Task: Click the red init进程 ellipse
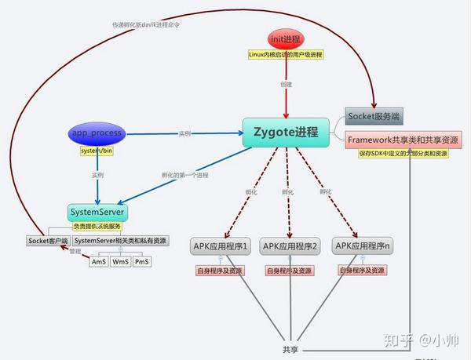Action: [x=285, y=38]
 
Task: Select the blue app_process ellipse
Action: [x=97, y=133]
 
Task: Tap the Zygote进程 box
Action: [x=286, y=132]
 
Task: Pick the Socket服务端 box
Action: [x=374, y=116]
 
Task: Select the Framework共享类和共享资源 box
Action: [x=403, y=139]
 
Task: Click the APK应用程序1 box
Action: [x=221, y=247]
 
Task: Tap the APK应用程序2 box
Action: [x=290, y=247]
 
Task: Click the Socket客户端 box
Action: [x=49, y=240]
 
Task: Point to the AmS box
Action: [x=99, y=261]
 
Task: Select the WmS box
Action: [x=121, y=261]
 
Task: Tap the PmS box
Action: [x=141, y=261]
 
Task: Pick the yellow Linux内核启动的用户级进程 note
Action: [x=285, y=55]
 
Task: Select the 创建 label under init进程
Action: [x=286, y=84]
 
